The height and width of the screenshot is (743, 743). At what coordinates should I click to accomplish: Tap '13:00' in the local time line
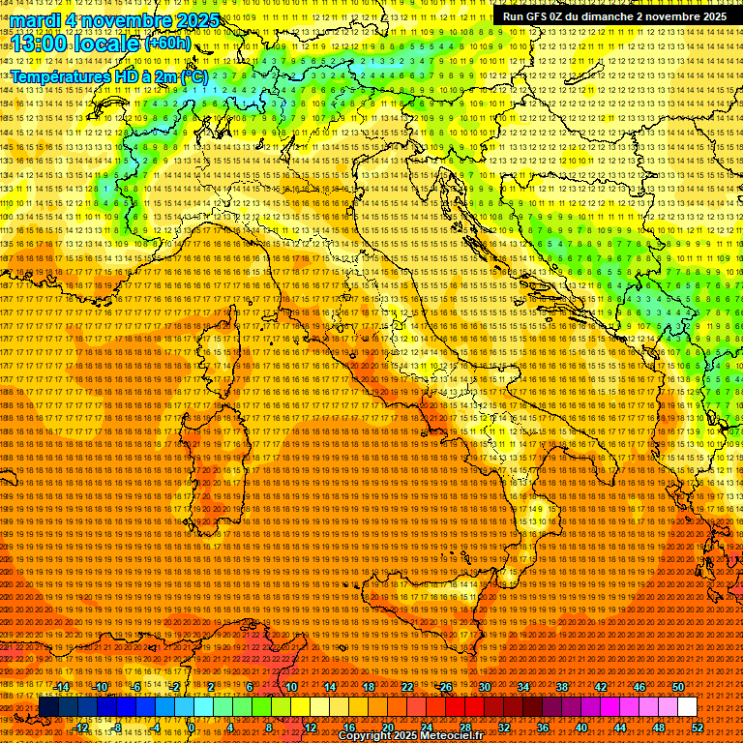[x=39, y=44]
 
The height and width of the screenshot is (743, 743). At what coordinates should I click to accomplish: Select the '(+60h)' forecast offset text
[x=167, y=44]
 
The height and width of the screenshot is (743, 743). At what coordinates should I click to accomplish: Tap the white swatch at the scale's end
[x=687, y=707]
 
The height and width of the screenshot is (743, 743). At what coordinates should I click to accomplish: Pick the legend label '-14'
[x=62, y=687]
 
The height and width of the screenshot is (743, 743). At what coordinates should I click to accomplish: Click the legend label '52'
[x=698, y=727]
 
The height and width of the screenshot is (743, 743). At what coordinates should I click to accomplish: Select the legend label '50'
[x=678, y=687]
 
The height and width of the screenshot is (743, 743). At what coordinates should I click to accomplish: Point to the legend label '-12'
[x=81, y=727]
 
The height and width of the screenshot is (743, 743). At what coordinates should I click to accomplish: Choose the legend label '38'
[x=562, y=687]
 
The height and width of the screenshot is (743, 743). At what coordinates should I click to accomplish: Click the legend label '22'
[x=407, y=687]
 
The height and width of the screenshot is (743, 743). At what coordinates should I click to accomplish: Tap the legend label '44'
[x=620, y=727]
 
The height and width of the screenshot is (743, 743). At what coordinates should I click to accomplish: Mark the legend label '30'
[x=485, y=687]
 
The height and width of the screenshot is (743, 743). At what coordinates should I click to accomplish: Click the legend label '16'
[x=349, y=727]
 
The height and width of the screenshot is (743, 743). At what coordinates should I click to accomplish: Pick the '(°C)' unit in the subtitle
[x=192, y=75]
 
